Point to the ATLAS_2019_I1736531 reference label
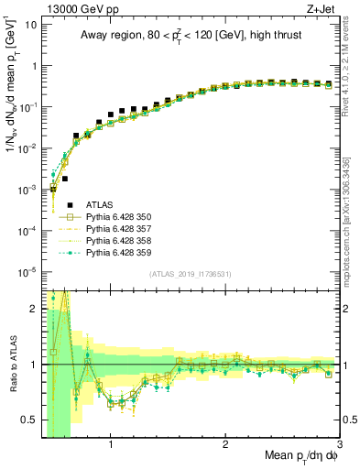(190, 274)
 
